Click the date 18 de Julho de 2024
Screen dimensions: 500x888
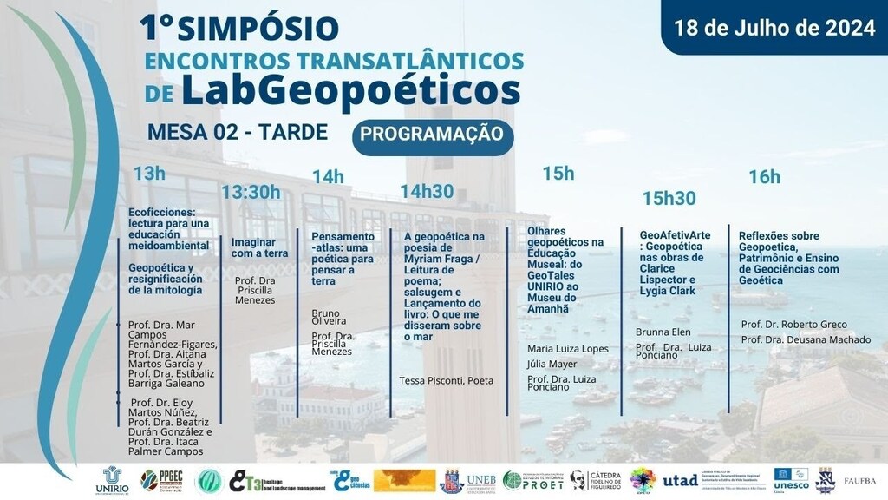pos(775,28)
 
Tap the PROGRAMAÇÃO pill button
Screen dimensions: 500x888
pos(432,135)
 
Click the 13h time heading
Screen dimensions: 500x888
pos(149,174)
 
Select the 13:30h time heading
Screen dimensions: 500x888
pos(251,192)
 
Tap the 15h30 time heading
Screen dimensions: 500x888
pos(669,198)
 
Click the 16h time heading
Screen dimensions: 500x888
pos(764,177)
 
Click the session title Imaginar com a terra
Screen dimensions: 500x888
pos(259,247)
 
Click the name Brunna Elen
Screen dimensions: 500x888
pos(663,332)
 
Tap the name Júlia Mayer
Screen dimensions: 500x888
pos(552,364)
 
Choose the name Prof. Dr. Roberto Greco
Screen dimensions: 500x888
pos(793,325)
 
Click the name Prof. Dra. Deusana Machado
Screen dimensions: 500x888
pos(806,339)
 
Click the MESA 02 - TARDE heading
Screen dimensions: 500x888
pos(238,132)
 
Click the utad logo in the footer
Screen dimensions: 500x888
pos(680,480)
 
